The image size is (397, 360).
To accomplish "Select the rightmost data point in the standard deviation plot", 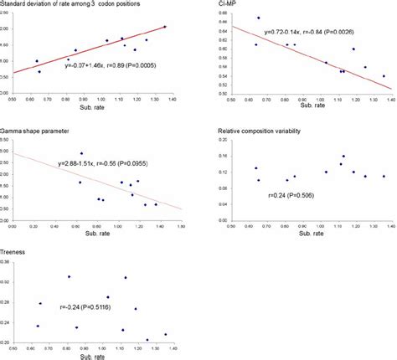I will point(165,27).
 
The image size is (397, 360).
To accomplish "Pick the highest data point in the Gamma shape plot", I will point(81,153).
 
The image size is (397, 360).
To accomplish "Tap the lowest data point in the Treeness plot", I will point(147,340).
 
